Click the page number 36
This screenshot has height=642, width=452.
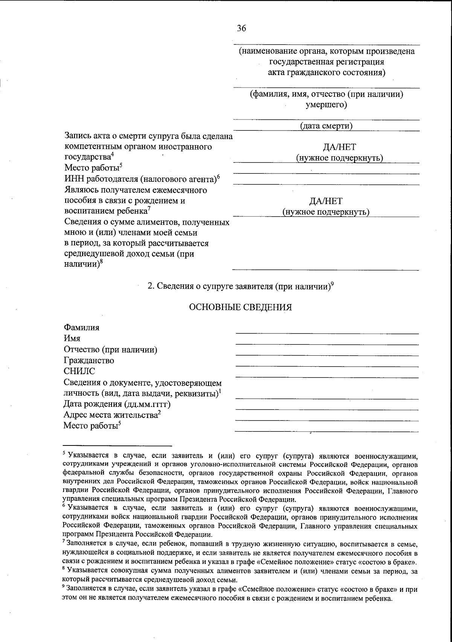tap(241, 28)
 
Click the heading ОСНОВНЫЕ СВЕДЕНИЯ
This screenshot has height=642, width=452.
tap(240, 307)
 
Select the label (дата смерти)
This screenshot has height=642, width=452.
tap(326, 126)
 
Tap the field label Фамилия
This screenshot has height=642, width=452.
tap(82, 327)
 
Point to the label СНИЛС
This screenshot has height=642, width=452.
tap(79, 371)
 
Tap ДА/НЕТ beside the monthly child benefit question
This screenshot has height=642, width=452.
tap(326, 201)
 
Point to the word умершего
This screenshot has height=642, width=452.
tap(326, 104)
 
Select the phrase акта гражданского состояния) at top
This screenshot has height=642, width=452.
tap(327, 72)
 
